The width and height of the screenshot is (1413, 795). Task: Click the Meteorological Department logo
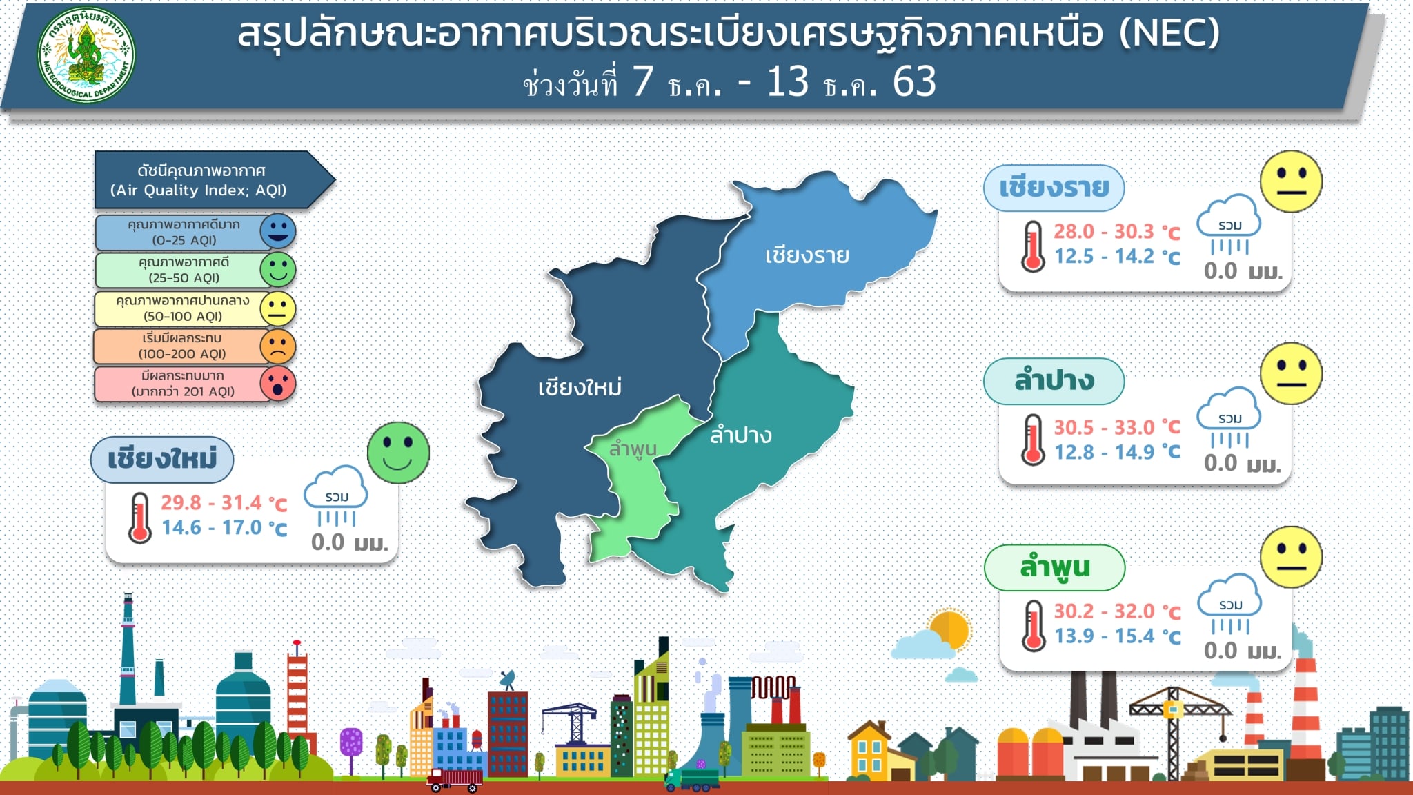86,55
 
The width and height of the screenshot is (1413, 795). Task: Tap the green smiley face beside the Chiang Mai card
398,453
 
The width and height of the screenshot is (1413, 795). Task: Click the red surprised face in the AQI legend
277,384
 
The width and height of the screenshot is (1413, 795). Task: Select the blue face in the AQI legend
277,231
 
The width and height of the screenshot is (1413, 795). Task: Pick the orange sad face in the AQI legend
277,346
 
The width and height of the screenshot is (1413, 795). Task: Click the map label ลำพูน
633,449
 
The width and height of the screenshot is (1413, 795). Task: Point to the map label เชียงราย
807,255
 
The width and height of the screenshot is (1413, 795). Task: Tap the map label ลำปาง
740,435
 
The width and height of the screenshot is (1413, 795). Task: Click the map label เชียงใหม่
580,386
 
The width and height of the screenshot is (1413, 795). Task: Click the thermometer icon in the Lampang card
1033,440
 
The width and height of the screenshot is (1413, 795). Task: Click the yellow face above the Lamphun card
1291,557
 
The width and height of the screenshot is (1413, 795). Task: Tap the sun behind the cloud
949,628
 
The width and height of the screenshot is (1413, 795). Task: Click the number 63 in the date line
914,81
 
